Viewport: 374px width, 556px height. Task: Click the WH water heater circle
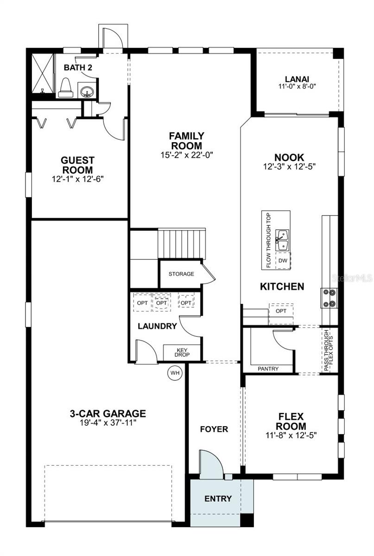tap(175, 373)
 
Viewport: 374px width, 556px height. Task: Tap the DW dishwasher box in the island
tap(283, 261)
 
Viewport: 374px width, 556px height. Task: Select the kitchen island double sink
tap(282, 240)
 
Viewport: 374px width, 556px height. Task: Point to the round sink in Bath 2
tap(85, 91)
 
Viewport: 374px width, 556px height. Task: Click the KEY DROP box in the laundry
tap(182, 352)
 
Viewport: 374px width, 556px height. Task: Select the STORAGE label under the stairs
tap(181, 274)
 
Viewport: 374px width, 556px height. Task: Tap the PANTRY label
tap(268, 369)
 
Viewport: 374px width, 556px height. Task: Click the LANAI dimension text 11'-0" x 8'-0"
tap(297, 86)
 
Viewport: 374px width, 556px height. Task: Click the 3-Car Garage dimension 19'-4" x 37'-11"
tap(108, 423)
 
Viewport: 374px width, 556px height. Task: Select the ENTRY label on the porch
tap(218, 499)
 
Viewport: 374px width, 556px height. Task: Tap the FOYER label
tap(214, 429)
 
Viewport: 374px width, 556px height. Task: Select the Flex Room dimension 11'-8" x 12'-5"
tap(292, 435)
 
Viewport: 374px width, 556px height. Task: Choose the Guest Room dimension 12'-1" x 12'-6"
tap(77, 178)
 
